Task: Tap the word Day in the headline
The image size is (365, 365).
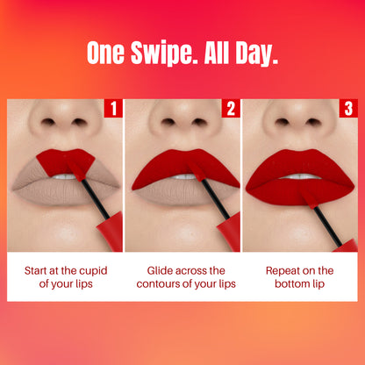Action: [258, 54]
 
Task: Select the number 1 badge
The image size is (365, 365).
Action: [111, 108]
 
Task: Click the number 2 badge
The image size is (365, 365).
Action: [230, 108]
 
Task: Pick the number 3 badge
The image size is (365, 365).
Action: [348, 108]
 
